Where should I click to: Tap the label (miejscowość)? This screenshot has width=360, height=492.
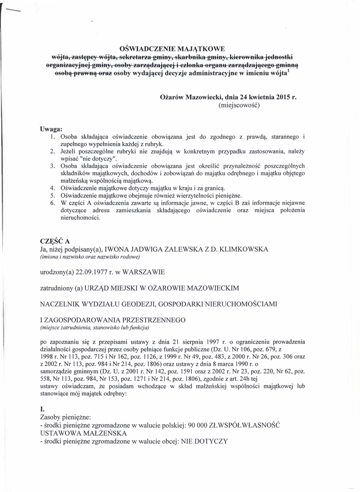[x=238, y=105]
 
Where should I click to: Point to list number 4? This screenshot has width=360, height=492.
[x=52, y=187]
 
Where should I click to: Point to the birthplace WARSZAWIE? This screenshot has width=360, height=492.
[x=144, y=272]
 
